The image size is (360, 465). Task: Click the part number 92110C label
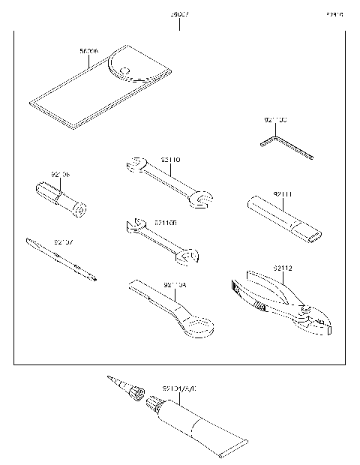pos(275,120)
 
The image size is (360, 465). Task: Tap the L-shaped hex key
pos(284,147)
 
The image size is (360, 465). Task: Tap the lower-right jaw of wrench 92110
pos(200,199)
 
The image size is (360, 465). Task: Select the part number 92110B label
pos(166,223)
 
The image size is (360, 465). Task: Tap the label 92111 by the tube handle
pos(283,195)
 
